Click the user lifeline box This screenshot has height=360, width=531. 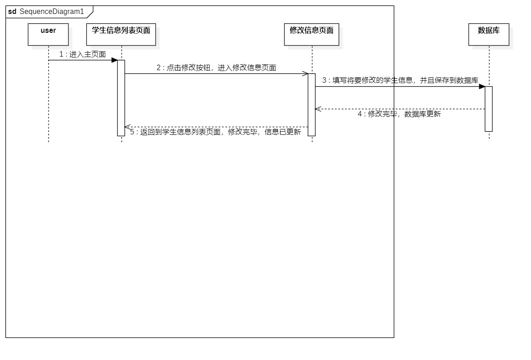48,34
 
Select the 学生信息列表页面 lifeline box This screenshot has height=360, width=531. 120,34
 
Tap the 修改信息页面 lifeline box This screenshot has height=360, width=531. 311,34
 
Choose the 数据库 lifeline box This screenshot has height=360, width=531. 488,34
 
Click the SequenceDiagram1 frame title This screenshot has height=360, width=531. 52,11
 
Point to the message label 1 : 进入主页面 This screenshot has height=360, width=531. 82,54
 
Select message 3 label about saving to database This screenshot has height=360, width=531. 400,80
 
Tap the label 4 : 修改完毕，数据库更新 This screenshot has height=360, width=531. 399,114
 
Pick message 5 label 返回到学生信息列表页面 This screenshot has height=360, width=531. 215,132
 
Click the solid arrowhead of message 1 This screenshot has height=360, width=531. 115,60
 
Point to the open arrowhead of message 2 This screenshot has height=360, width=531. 305,74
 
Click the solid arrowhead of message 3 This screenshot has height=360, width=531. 482,86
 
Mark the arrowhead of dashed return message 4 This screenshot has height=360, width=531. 317,109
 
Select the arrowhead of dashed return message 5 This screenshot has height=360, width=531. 127,127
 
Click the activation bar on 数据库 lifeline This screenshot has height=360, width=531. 488,109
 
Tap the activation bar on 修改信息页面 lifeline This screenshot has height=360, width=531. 312,104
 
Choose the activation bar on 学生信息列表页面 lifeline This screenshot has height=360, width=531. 121,98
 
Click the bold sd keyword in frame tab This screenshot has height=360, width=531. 12,11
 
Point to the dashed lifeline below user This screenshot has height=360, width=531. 48,99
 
